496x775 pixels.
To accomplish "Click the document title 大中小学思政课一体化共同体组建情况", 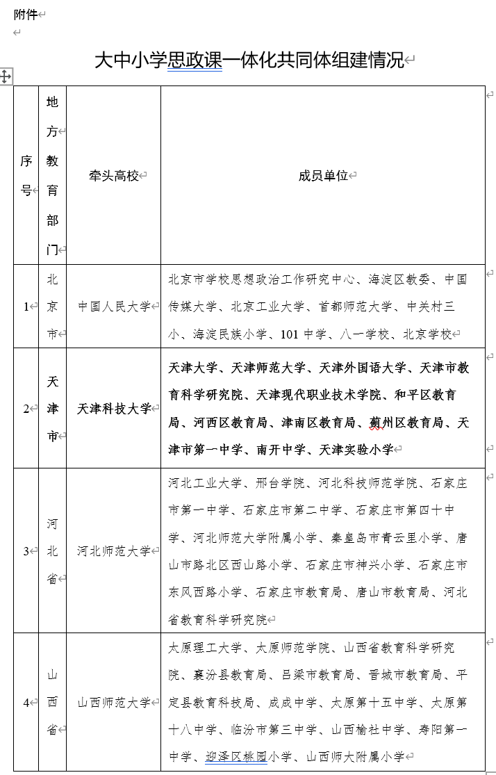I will click(x=249, y=60).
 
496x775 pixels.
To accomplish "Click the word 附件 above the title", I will click(x=25, y=15).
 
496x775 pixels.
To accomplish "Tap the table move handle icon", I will click(x=6, y=76).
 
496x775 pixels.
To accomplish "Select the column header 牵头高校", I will click(x=114, y=176).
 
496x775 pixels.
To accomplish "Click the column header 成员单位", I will click(x=322, y=176).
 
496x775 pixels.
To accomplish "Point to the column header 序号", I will click(x=26, y=176).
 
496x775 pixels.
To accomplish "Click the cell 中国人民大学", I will click(x=114, y=307).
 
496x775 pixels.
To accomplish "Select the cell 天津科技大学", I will click(x=114, y=409).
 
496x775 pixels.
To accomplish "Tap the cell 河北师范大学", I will click(x=114, y=551).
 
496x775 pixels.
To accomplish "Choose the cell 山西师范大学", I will click(x=114, y=703).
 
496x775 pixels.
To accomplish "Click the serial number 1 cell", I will click(x=26, y=307).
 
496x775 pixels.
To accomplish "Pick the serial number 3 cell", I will click(x=26, y=551).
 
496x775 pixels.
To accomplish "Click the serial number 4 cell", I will click(x=26, y=703).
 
